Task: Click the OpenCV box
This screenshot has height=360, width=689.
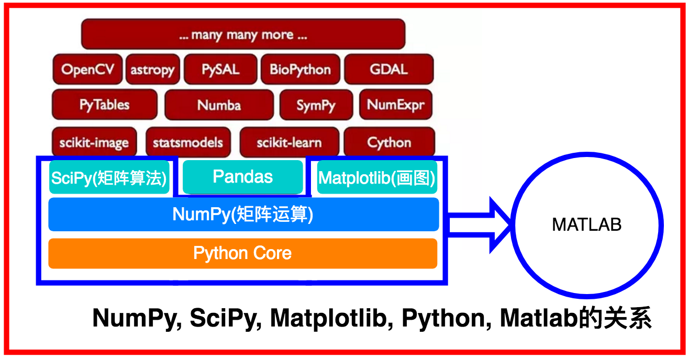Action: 87,69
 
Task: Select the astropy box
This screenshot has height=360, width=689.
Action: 152,70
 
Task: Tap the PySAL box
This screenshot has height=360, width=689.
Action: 220,69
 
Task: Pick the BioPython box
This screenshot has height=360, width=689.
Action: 300,69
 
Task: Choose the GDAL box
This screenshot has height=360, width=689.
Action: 388,69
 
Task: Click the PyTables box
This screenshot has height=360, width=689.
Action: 104,105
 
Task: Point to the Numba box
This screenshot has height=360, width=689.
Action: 219,105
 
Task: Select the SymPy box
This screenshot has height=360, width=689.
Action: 315,105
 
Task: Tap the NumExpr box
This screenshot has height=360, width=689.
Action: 396,105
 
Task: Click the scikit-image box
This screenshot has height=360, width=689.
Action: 94,142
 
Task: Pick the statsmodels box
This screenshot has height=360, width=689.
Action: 187,142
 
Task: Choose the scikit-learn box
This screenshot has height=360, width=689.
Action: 289,142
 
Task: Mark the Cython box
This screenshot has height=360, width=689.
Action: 389,142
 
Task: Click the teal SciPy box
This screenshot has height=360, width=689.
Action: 109,178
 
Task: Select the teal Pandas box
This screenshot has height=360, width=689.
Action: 242,177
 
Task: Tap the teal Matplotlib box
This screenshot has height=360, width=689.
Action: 376,178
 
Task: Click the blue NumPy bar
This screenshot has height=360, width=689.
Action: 243,215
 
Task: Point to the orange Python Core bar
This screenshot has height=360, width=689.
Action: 242,253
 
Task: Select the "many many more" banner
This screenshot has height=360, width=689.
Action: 243,35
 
